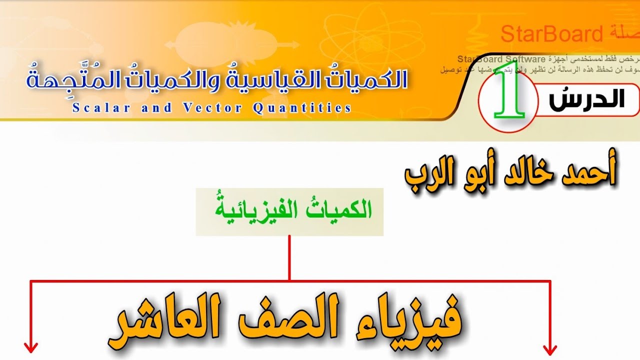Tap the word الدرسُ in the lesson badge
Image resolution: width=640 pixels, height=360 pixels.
tap(586, 99)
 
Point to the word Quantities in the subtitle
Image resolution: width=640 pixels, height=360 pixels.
tap(302, 107)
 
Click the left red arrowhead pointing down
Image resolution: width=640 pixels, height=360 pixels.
tap(31, 347)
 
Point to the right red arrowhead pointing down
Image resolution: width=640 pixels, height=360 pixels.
tap(550, 347)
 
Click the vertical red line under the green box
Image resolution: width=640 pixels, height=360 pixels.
tap(289, 257)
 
